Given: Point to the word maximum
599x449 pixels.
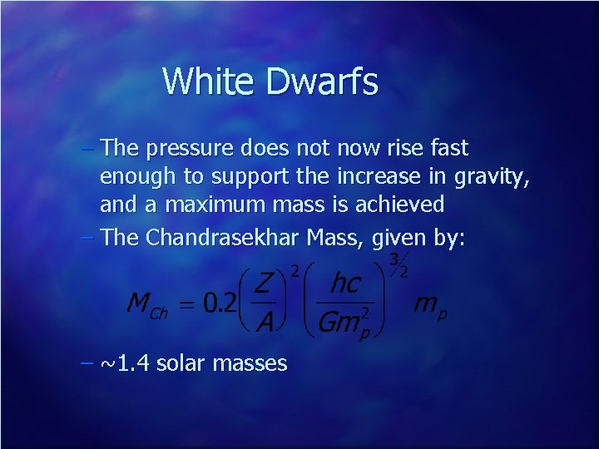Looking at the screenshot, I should [x=212, y=204].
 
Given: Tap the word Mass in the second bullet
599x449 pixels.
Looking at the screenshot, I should [x=338, y=238].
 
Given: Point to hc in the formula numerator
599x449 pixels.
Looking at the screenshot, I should [x=345, y=284].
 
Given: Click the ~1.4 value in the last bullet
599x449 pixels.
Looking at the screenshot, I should [x=124, y=363].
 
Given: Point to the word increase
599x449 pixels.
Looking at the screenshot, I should [x=394, y=177].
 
